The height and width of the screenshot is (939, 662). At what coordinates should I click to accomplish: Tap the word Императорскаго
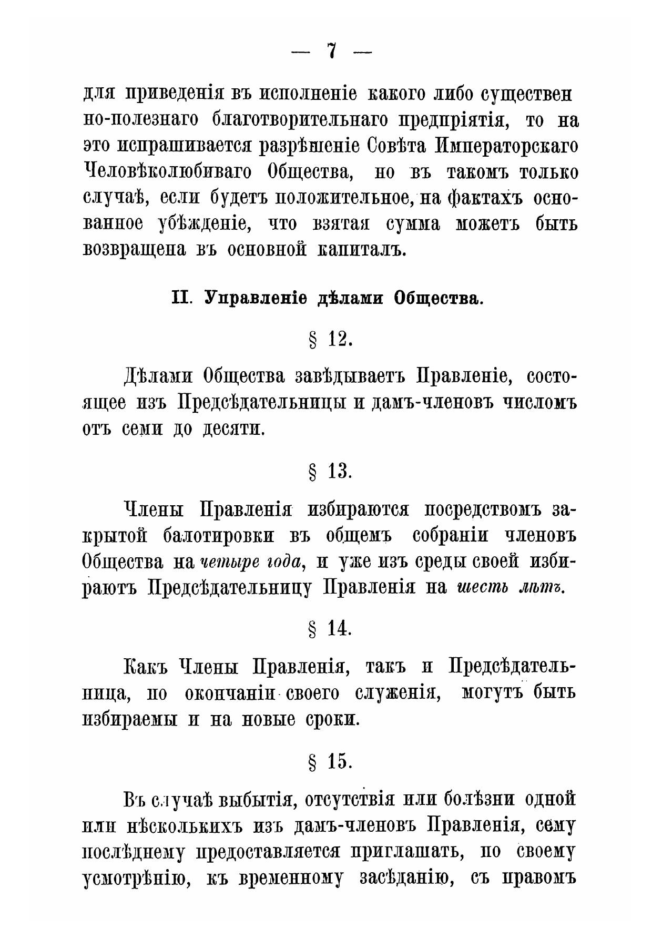click(x=507, y=146)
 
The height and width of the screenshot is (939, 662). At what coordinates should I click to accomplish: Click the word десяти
click(x=232, y=430)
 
